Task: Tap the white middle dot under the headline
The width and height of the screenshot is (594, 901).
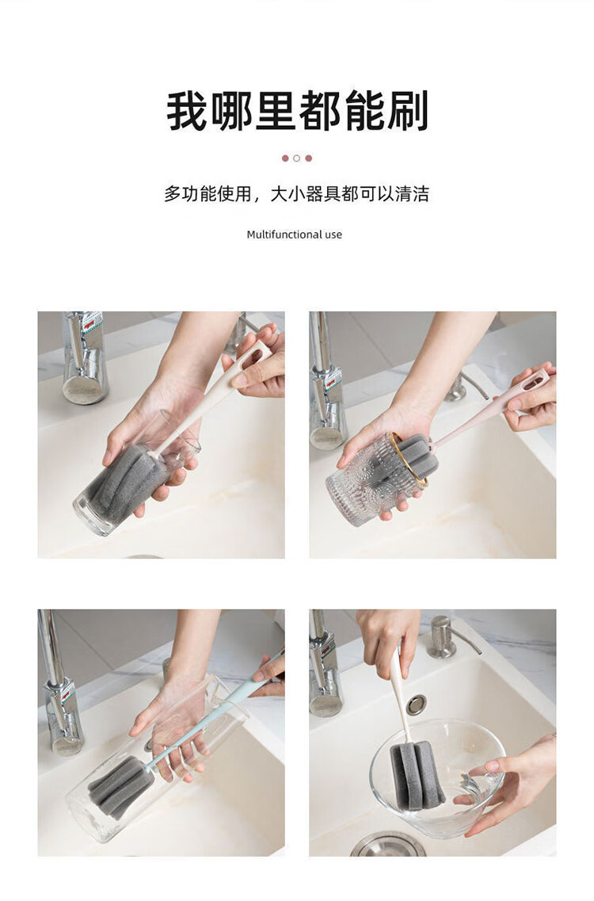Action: (x=296, y=158)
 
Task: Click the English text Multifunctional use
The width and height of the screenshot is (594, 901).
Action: (x=294, y=235)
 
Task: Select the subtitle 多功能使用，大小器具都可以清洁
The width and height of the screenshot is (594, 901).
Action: (x=296, y=194)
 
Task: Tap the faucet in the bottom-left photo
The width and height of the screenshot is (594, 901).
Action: (x=59, y=684)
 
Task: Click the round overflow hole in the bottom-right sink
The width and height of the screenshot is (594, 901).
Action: (x=416, y=704)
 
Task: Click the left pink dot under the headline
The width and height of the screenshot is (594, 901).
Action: (x=285, y=158)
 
